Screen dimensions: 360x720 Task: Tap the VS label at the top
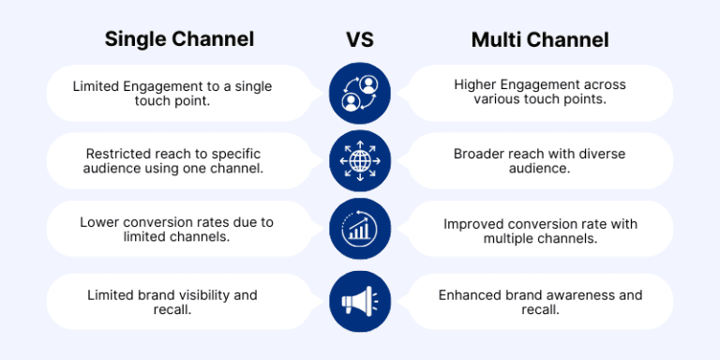pos(361,39)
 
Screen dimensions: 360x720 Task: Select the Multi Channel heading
pos(540,39)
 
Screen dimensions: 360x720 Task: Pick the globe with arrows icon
pos(360,160)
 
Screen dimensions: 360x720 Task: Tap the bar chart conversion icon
pos(360,230)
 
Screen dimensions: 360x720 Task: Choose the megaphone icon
pos(360,300)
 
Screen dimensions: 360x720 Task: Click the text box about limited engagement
pos(178,93)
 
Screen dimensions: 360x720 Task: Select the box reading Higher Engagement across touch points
pos(540,93)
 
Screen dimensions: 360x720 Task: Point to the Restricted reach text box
pos(178,161)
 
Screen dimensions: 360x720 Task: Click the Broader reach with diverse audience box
pos(540,161)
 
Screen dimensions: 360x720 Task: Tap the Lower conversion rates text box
pos(178,231)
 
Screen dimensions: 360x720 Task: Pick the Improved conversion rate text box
pos(540,231)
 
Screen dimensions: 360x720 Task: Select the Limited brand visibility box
pos(178,302)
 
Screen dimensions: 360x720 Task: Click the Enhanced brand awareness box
pos(540,302)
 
